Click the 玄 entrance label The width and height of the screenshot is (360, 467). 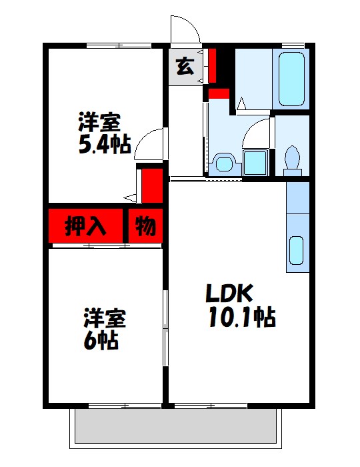185,67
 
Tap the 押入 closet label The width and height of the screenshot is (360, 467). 85,227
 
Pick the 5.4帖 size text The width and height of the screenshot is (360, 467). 104,144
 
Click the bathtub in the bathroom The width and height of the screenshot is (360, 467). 291,79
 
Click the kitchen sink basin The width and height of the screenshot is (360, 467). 297,251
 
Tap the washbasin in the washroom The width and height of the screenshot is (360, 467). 223,163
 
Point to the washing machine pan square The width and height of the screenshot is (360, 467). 255,162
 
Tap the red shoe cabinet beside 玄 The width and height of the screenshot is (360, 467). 212,64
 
